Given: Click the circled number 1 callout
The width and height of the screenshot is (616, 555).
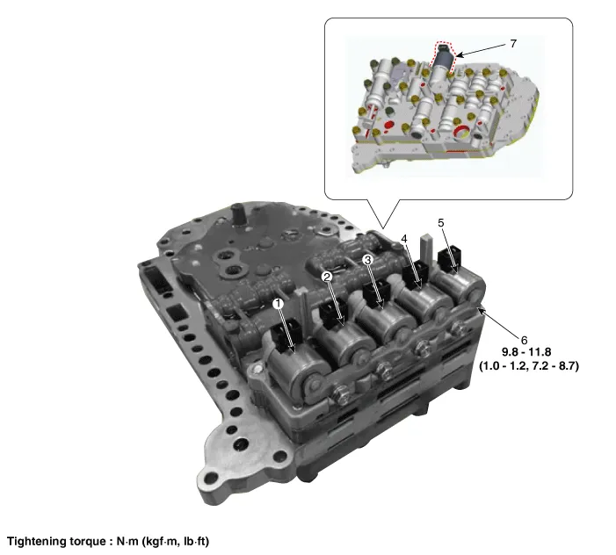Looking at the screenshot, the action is (279, 303).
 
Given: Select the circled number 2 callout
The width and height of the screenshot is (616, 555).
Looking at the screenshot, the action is (327, 277).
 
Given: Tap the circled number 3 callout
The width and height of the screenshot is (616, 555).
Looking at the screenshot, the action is (367, 260).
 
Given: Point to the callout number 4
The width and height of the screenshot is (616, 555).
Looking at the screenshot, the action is (404, 238).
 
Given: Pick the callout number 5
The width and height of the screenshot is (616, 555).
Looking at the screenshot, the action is (441, 222).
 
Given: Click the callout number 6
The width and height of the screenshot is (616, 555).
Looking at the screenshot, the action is (524, 340).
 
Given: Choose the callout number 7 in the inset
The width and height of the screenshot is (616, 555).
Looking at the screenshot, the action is (513, 44).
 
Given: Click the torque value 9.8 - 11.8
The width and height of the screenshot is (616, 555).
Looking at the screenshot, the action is (526, 351).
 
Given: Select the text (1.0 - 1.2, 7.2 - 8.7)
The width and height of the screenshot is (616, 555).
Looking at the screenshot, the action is (529, 366).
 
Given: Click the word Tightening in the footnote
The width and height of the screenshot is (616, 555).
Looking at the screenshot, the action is (37, 542).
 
